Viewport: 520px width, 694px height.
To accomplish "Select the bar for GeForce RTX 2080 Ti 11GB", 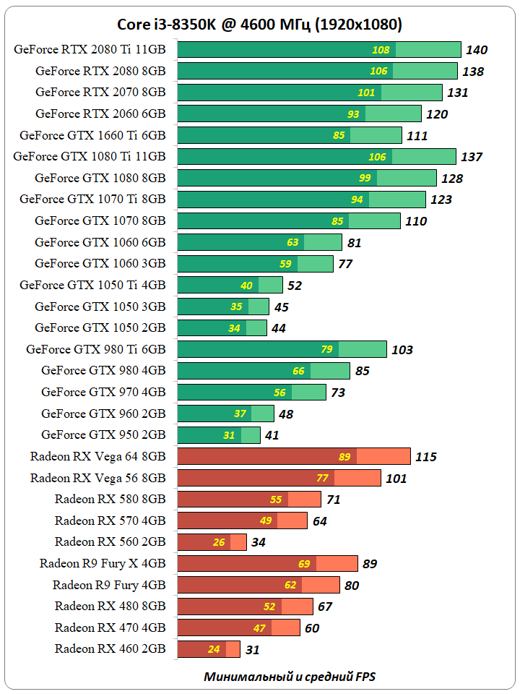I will coord(318,50).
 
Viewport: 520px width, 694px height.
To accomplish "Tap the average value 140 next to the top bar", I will coord(477,50).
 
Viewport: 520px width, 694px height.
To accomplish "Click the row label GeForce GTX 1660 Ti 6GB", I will coord(92,135).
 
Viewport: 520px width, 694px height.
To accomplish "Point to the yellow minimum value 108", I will coord(381,50).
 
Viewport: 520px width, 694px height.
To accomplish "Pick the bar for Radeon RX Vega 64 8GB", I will coord(293,456).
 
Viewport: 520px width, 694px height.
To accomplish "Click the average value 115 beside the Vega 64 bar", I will coord(426,457).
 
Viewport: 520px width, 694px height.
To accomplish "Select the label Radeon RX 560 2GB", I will coord(110,541).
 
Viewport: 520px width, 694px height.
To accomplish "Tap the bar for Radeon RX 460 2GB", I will coord(208,649).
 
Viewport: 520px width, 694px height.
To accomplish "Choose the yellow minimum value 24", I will coord(214,649).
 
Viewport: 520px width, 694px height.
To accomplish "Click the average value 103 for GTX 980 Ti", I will coord(402,350).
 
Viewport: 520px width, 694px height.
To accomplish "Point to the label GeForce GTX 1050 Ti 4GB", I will coord(92,285).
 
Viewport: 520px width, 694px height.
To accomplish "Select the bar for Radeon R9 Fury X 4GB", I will coord(267,563).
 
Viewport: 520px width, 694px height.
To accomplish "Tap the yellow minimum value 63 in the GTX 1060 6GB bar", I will coord(292,242).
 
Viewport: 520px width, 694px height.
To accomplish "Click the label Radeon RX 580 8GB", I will coord(110,499).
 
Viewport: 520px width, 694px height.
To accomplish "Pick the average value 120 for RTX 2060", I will coord(437,114).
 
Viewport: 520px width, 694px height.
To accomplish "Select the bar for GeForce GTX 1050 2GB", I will coord(221,328).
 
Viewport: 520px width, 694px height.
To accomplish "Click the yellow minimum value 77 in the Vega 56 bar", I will coord(323,478).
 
